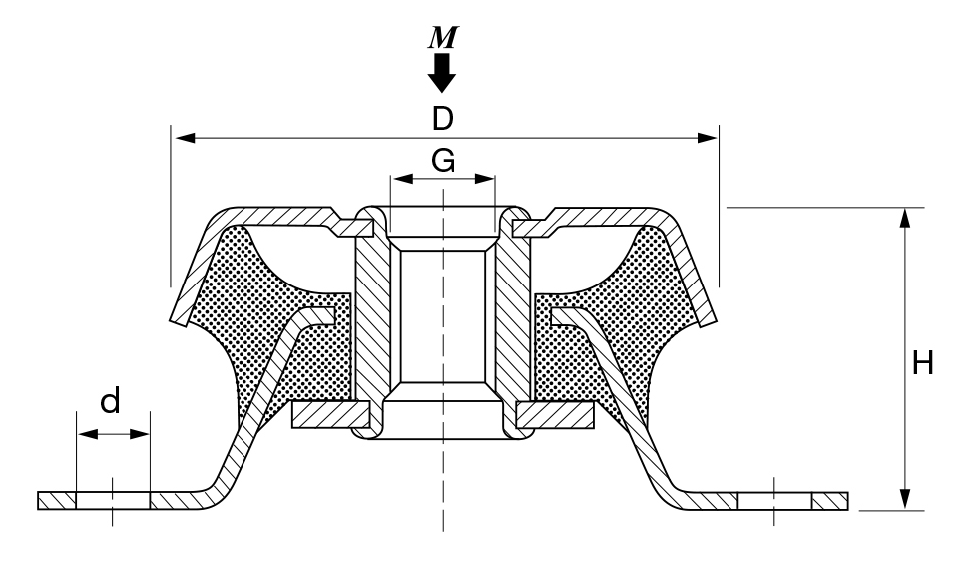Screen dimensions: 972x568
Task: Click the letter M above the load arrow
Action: pos(443,38)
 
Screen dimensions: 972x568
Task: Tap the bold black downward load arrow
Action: pos(442,73)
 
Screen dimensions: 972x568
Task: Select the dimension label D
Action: pos(443,119)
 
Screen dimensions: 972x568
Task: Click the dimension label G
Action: pos(443,160)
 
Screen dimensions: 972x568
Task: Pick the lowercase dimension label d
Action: pos(110,401)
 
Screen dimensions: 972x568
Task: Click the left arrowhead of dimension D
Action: pos(186,138)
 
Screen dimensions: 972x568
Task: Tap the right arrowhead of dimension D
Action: pos(707,138)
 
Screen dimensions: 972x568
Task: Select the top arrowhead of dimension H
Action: pos(906,219)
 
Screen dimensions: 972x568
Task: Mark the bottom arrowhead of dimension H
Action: pos(906,499)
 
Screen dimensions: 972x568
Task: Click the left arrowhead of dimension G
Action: pos(403,179)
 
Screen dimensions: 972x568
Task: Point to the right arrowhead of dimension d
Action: pos(140,434)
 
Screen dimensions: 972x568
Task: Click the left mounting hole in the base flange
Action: pos(113,501)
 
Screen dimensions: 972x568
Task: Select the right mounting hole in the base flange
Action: pos(774,501)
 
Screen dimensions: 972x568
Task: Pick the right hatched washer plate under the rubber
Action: pos(555,415)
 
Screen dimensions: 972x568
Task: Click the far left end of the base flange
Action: pos(39,501)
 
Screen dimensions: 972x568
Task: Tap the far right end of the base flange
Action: pos(847,501)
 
